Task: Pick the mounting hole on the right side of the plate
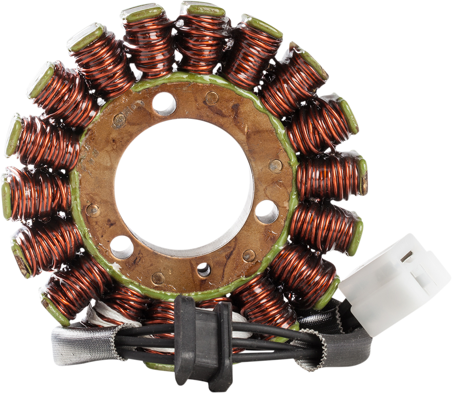(267, 212)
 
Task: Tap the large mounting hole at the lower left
(122, 247)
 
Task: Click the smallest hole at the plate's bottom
(204, 269)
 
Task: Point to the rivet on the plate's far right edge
(275, 165)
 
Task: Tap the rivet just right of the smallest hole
(249, 256)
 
